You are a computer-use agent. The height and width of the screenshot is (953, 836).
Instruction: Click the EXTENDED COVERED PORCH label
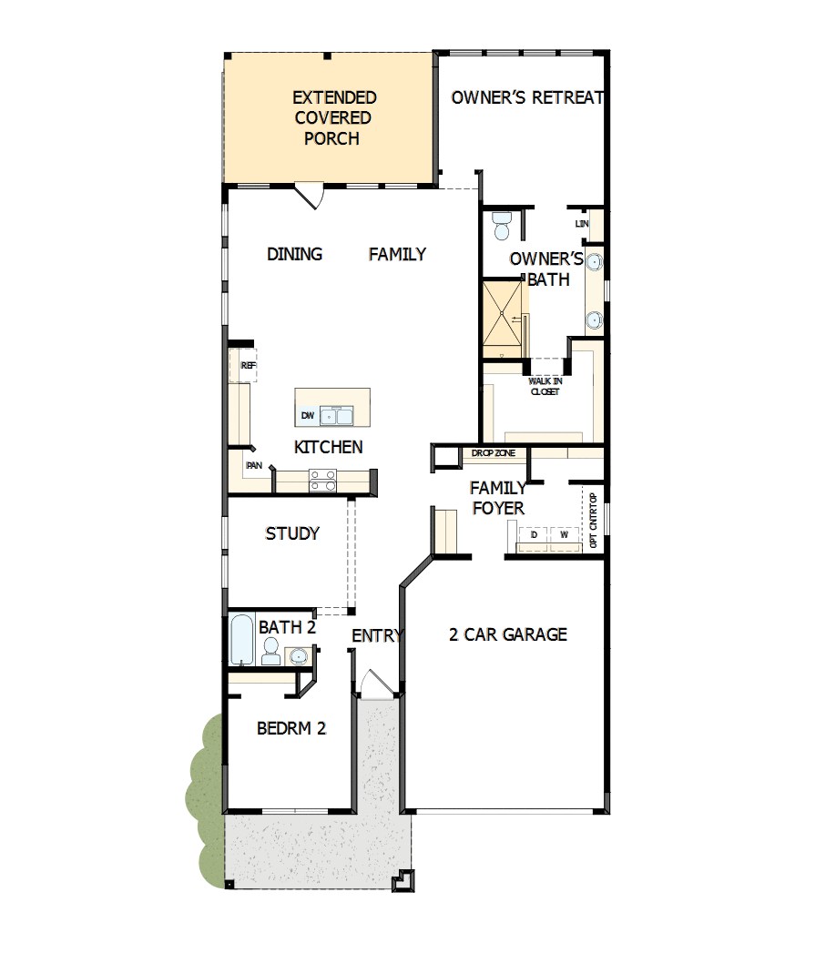(x=332, y=117)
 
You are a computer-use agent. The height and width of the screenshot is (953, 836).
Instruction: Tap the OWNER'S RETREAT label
(x=527, y=97)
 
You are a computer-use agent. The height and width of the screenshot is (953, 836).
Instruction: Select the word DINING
(x=294, y=254)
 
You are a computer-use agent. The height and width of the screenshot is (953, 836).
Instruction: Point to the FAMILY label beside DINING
(x=397, y=254)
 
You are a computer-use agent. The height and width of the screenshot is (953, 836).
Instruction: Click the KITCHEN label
(x=328, y=447)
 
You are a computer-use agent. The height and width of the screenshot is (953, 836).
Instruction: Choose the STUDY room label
(x=291, y=533)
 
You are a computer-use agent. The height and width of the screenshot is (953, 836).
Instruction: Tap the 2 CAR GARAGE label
(x=507, y=634)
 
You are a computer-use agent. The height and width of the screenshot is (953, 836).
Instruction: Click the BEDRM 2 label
(x=291, y=728)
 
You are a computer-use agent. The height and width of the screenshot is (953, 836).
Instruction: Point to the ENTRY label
(x=376, y=635)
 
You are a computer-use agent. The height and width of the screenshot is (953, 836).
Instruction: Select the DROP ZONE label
(x=494, y=452)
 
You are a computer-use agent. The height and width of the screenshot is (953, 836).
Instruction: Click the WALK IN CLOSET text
(x=545, y=386)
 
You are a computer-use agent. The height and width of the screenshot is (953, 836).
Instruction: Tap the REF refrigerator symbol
(x=248, y=365)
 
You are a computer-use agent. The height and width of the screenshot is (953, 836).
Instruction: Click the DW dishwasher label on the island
(x=307, y=416)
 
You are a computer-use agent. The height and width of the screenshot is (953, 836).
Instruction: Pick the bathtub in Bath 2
(x=241, y=641)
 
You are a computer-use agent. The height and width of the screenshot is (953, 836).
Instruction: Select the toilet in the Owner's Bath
(x=502, y=224)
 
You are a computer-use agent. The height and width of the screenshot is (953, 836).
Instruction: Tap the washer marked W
(x=565, y=535)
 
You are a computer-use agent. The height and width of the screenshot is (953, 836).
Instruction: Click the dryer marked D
(x=534, y=535)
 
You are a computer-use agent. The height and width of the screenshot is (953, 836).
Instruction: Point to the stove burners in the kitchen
(x=321, y=480)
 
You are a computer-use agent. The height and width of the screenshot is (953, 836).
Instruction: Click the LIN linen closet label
(x=581, y=223)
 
